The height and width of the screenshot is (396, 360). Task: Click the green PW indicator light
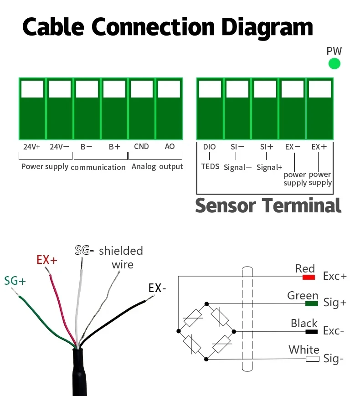(x=334, y=64)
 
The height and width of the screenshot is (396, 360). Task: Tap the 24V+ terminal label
(x=32, y=147)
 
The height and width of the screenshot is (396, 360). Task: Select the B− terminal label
(x=87, y=147)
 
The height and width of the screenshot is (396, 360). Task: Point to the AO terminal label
(x=170, y=147)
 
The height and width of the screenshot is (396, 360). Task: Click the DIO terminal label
(x=210, y=147)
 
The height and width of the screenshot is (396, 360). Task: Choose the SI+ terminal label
(x=267, y=147)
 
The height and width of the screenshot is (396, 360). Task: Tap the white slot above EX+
(x=319, y=89)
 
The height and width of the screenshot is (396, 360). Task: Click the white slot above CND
(x=142, y=89)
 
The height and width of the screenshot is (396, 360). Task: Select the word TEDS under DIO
(x=210, y=166)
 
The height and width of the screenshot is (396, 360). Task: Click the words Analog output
(x=157, y=167)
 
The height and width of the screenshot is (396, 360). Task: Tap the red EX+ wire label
(x=47, y=260)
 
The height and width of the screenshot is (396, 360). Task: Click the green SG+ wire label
(x=15, y=281)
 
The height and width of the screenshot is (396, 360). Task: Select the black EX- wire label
(x=157, y=288)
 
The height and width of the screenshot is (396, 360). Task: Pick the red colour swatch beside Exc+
(x=309, y=277)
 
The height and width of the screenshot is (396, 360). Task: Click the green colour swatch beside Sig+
(x=312, y=303)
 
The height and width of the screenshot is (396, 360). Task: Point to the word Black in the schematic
(x=304, y=324)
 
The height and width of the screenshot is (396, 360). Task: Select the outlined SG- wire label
(x=84, y=251)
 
